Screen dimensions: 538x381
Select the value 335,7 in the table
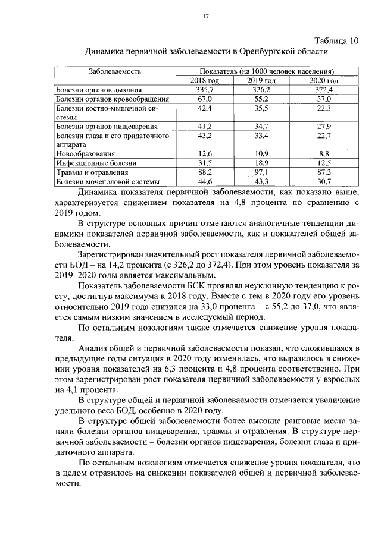pyautogui.click(x=205, y=90)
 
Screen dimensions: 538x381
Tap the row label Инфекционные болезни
pyautogui.click(x=96, y=163)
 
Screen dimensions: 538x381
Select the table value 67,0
pyautogui.click(x=205, y=99)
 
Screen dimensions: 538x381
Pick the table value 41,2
pyautogui.click(x=205, y=127)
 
